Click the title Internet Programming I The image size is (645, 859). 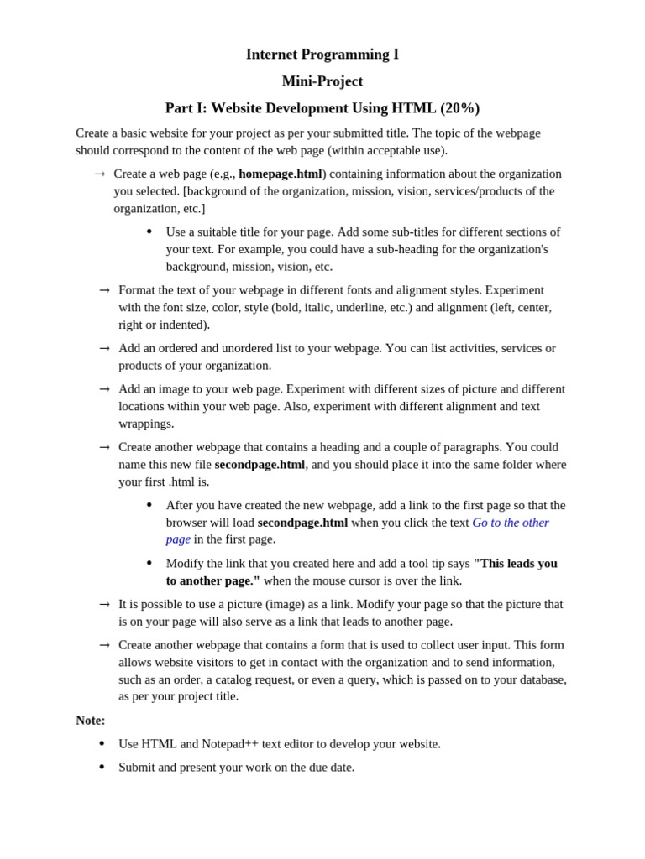coord(322,55)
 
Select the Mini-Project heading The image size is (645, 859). coord(322,81)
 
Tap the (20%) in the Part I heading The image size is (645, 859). coord(459,108)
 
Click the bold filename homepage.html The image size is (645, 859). coord(281,174)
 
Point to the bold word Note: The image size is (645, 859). coord(91,720)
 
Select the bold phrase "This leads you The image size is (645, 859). coord(515,563)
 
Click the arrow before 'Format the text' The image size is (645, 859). coord(104,290)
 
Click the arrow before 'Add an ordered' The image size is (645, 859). coord(104,348)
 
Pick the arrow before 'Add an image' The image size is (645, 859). coord(104,389)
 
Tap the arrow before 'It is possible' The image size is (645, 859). coord(104,604)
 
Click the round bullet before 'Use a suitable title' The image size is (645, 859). coord(149,232)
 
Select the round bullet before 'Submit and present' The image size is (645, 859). coord(102,767)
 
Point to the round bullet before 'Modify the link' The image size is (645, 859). coord(149,563)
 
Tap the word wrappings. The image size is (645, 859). coord(146,424)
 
